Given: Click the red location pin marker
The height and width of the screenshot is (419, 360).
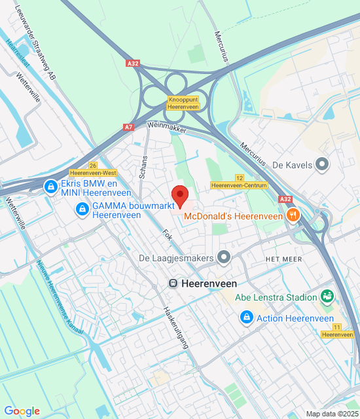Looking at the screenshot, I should click(180, 195).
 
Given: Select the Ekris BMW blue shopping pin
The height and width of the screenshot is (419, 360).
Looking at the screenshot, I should click(50, 188).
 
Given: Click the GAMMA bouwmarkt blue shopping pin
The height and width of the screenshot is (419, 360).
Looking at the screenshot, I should click(82, 209).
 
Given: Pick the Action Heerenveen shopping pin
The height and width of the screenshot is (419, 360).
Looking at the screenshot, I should click(246, 318).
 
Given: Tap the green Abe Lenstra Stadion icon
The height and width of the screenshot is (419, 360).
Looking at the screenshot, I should click(327, 297).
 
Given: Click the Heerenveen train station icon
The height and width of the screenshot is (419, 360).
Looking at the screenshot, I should click(173, 283).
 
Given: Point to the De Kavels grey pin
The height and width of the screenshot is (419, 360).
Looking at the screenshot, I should click(321, 164).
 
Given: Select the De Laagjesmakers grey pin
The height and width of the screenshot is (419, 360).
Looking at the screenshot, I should click(225, 258).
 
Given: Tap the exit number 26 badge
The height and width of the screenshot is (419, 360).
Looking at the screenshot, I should click(93, 166).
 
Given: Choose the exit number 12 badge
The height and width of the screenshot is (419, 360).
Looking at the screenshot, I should click(240, 177).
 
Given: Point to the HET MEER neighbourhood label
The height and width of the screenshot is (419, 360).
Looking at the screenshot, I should click(283, 259).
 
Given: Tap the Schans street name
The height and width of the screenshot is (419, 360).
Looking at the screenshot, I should click(144, 168).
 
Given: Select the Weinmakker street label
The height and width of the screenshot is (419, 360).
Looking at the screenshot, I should click(168, 126).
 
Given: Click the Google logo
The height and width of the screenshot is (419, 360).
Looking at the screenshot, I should click(22, 411).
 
